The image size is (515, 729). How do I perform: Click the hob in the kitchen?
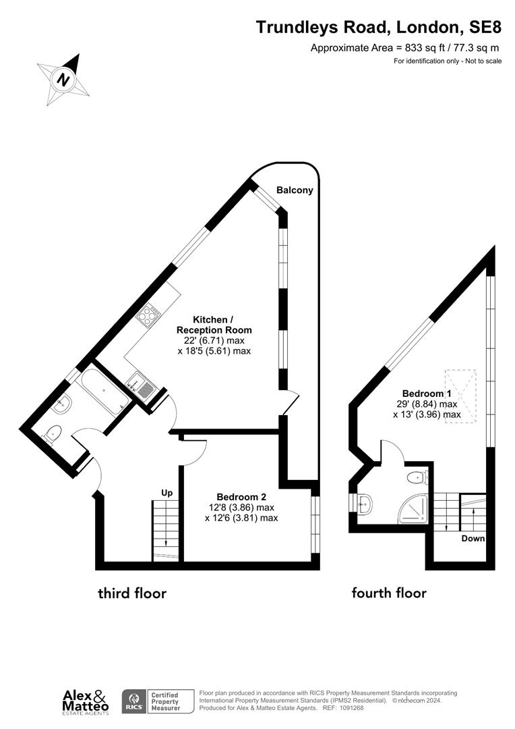[x=149, y=314]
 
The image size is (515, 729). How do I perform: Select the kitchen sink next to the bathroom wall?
[x=145, y=385]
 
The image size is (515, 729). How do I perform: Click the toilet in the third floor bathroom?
[x=53, y=433]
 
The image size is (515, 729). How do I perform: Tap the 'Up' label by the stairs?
[x=166, y=492]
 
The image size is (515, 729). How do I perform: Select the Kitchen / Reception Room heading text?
[x=213, y=325]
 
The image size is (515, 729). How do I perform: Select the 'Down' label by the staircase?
[x=473, y=539]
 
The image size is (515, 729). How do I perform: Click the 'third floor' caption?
[x=132, y=593]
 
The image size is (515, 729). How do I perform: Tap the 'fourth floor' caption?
[x=389, y=593]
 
